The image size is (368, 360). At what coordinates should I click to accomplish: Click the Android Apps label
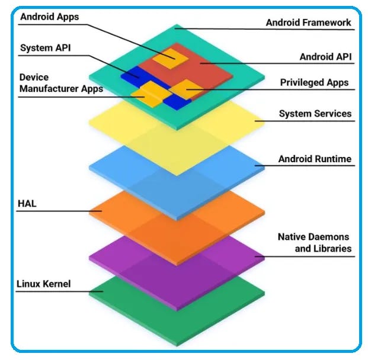click(x=49, y=17)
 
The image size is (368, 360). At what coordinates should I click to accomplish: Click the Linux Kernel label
click(x=44, y=284)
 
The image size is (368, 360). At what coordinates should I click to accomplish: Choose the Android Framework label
click(x=308, y=23)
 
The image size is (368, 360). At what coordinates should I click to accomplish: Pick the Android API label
click(x=325, y=57)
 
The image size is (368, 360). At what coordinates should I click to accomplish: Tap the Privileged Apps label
click(x=314, y=82)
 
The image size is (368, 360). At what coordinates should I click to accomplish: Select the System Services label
click(x=315, y=113)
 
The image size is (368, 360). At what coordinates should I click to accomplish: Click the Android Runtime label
click(x=315, y=159)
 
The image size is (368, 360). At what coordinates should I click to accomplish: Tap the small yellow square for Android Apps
click(x=169, y=56)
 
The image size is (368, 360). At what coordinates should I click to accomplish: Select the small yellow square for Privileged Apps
click(x=186, y=89)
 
